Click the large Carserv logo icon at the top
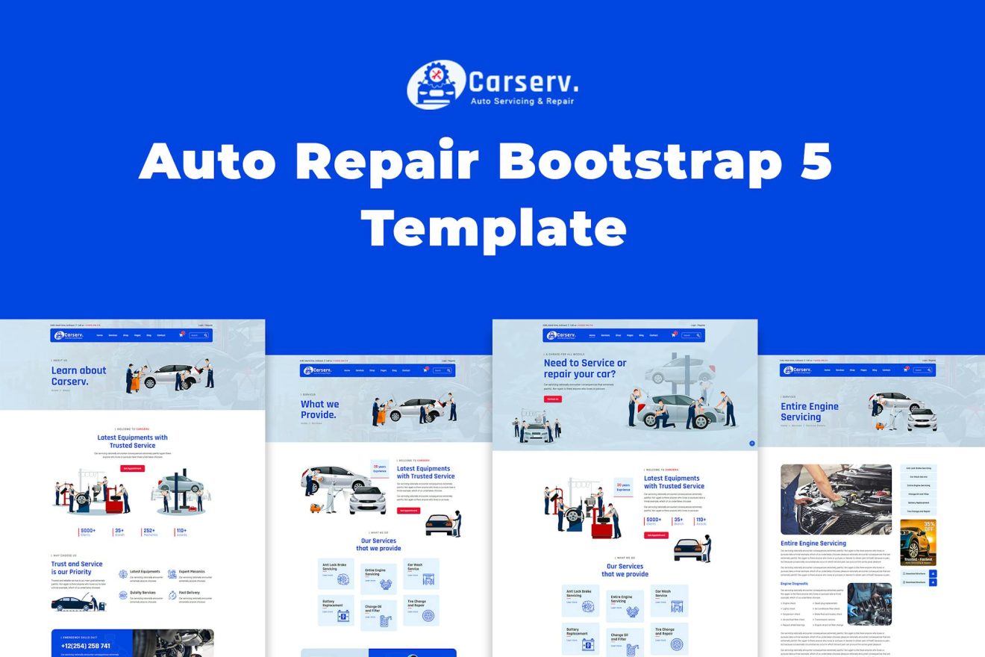pyautogui.click(x=434, y=85)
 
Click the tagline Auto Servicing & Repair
pyautogui.click(x=521, y=101)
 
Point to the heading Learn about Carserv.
pyautogui.click(x=78, y=376)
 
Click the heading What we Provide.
pyautogui.click(x=319, y=409)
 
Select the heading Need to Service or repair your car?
pyautogui.click(x=585, y=368)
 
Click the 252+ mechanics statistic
pyautogui.click(x=150, y=532)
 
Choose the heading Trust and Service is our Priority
pyautogui.click(x=77, y=568)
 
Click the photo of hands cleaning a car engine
pyautogui.click(x=836, y=499)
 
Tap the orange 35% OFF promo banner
pyautogui.click(x=918, y=542)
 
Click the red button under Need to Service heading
pyautogui.click(x=552, y=399)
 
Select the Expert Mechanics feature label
pyautogui.click(x=191, y=572)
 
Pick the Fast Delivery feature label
pyautogui.click(x=189, y=593)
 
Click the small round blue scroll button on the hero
pyautogui.click(x=751, y=443)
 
